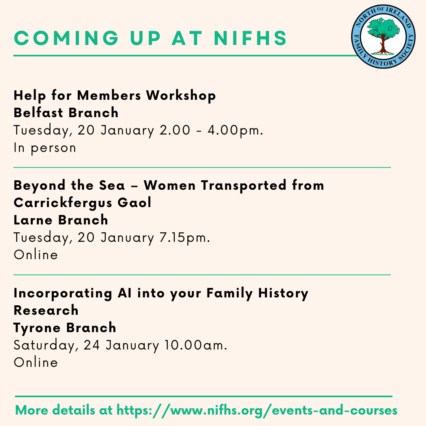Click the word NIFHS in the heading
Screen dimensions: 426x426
click(x=250, y=38)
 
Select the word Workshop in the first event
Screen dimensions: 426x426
click(x=181, y=95)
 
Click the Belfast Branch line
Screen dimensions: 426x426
click(x=66, y=112)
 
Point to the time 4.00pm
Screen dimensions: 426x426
click(x=235, y=130)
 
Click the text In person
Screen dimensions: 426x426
click(x=45, y=148)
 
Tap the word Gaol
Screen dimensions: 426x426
click(x=134, y=203)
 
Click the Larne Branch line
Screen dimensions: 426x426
click(x=61, y=220)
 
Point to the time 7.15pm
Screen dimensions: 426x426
click(x=185, y=238)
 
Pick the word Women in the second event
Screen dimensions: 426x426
click(x=170, y=185)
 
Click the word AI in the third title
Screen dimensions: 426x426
click(x=124, y=293)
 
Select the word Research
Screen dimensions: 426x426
click(x=46, y=310)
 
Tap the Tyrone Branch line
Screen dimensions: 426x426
click(x=65, y=328)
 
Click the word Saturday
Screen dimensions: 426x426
click(x=46, y=345)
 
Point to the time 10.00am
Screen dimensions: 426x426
click(x=196, y=345)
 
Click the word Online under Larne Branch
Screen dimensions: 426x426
click(x=36, y=255)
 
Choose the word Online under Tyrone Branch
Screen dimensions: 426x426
click(x=36, y=362)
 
